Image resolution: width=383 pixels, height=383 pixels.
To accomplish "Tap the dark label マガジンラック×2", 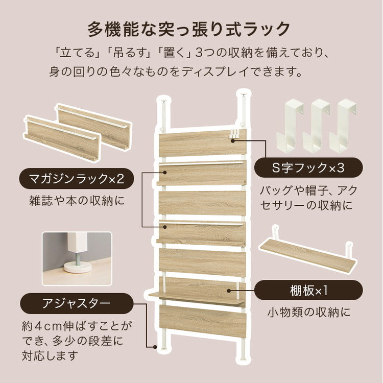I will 77,179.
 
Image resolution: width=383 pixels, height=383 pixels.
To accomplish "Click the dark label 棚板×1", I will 308,291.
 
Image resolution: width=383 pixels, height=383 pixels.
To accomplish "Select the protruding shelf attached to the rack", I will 197,297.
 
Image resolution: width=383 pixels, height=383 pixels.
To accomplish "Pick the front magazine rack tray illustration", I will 62,138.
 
